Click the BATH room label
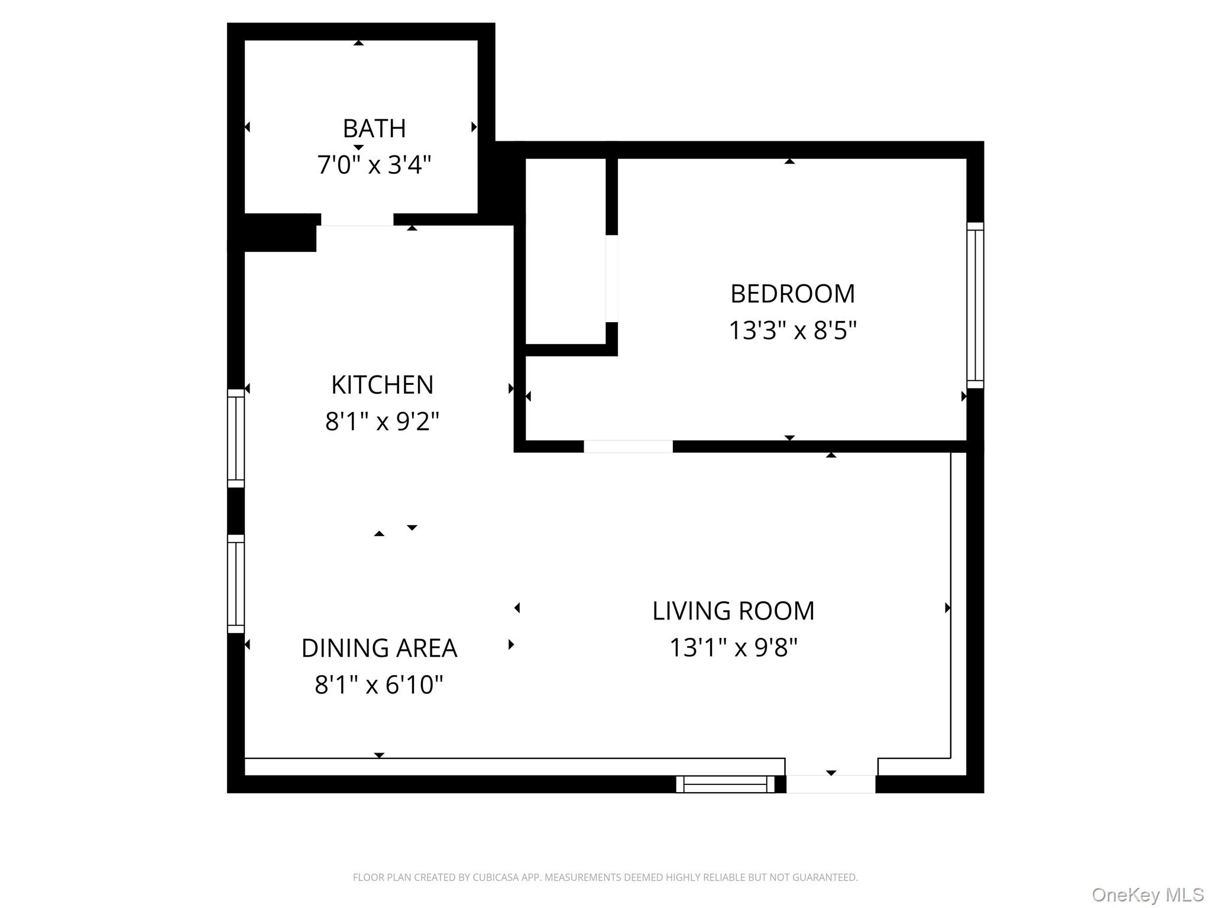click(x=374, y=129)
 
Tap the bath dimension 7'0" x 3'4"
click(x=374, y=164)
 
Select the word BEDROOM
click(x=792, y=294)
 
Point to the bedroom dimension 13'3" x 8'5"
click(x=792, y=330)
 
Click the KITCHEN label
click(x=382, y=385)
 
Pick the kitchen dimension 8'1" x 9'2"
click(x=382, y=422)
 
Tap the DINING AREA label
click(x=379, y=648)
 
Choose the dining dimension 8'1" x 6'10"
click(x=379, y=685)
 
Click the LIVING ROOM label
click(x=733, y=611)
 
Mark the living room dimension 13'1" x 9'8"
click(x=733, y=648)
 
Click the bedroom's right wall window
click(x=975, y=305)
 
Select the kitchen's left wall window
click(x=236, y=438)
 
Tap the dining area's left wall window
click(x=236, y=583)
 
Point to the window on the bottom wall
click(x=725, y=784)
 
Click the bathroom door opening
click(x=357, y=220)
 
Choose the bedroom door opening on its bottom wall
click(x=628, y=447)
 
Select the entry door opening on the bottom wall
click(x=831, y=784)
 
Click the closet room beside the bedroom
click(x=565, y=251)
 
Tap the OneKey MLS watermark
click(x=1147, y=894)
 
